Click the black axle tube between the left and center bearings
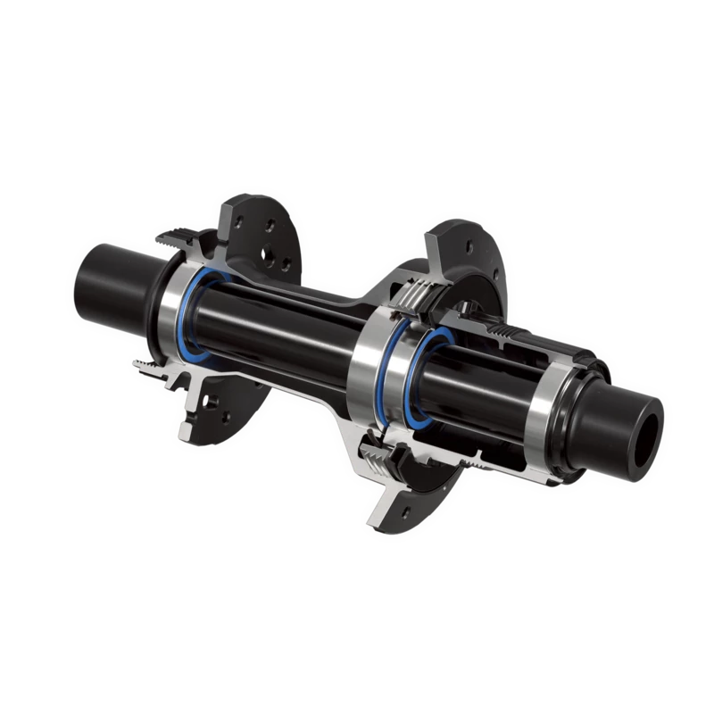pyautogui.click(x=277, y=335)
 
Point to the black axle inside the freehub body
pyautogui.click(x=486, y=393)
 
